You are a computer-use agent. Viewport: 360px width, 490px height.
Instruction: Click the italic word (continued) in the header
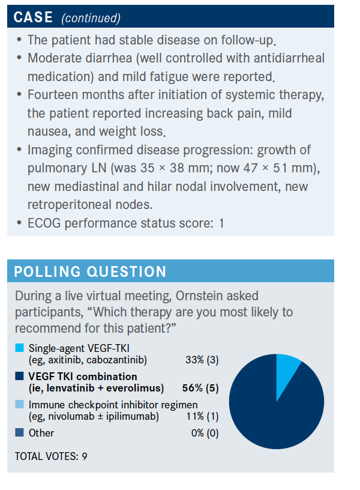point(91,18)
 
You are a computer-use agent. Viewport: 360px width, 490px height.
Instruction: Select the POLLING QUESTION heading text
point(90,271)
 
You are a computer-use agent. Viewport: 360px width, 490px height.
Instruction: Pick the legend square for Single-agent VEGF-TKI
point(20,348)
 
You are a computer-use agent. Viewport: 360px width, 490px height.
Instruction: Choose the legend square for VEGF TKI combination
point(20,377)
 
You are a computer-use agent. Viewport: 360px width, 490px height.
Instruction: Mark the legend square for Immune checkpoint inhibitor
point(20,405)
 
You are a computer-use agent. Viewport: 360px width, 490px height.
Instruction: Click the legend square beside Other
point(20,432)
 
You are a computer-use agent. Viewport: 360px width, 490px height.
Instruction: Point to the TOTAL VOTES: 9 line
point(52,456)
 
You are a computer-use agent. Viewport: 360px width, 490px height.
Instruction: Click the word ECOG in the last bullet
point(43,223)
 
